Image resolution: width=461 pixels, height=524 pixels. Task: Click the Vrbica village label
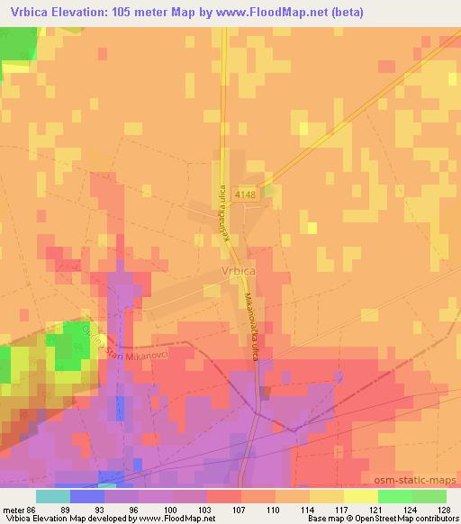pyautogui.click(x=238, y=268)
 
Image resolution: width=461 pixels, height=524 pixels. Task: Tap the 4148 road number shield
pyautogui.click(x=243, y=194)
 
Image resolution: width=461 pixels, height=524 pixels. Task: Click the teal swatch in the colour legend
pyautogui.click(x=52, y=496)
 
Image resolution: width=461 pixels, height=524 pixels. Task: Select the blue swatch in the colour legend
pyautogui.click(x=86, y=496)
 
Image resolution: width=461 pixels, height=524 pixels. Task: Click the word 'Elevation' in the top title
pyautogui.click(x=87, y=13)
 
